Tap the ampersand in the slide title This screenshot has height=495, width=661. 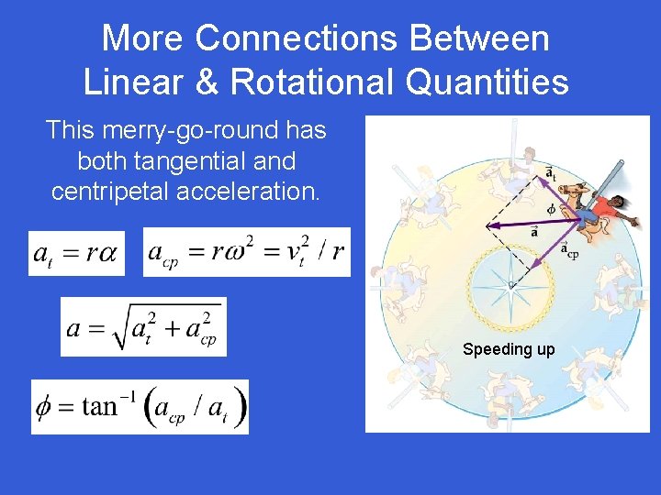(x=209, y=82)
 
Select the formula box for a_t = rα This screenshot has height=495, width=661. (x=76, y=252)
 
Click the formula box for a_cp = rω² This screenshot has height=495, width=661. (x=246, y=251)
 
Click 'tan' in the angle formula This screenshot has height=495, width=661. (x=100, y=406)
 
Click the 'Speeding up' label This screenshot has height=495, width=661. (x=509, y=349)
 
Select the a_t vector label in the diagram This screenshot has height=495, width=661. (x=550, y=172)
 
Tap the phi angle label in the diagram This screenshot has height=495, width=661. (x=551, y=209)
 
